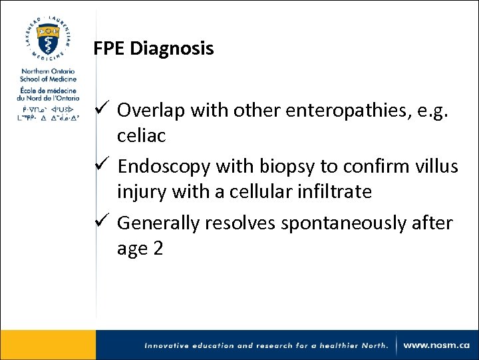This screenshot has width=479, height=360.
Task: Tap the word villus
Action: coord(435,166)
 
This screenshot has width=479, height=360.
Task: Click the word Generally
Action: coord(158,223)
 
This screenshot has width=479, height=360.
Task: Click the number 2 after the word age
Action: coord(157,249)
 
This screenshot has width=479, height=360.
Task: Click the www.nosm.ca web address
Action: coord(436,345)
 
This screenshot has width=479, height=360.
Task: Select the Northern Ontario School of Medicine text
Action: coord(48,75)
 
